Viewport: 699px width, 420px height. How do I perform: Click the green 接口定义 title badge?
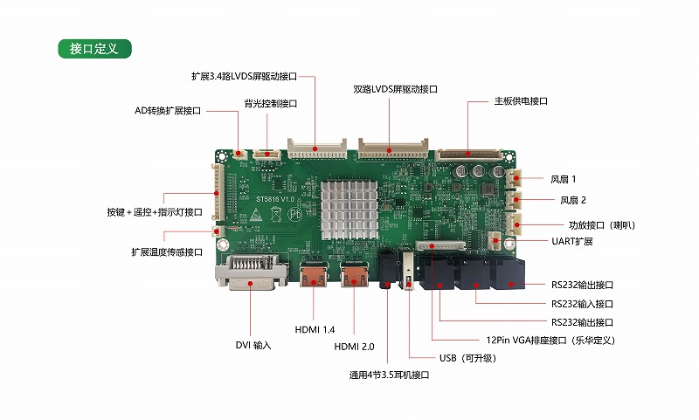[94, 49]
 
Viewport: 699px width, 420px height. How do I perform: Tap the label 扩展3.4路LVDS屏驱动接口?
[244, 77]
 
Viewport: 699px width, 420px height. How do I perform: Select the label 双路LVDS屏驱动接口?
[395, 89]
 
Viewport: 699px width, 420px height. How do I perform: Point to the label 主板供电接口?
[521, 101]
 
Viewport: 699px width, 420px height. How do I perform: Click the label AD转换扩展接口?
[168, 110]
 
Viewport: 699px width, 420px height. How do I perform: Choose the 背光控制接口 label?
[271, 103]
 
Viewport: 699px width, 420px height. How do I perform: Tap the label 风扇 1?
[563, 179]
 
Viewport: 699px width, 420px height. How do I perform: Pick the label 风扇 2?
[573, 200]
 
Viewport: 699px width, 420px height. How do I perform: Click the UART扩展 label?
[572, 241]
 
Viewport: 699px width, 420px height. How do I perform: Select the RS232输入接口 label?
[582, 304]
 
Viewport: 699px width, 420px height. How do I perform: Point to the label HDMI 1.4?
[315, 329]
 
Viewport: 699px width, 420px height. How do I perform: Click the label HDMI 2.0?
[354, 347]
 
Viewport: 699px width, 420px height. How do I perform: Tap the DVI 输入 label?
[253, 345]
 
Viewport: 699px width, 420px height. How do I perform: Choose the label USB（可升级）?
[467, 358]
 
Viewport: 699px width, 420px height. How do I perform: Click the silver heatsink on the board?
[349, 210]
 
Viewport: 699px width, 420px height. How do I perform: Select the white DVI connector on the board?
[252, 272]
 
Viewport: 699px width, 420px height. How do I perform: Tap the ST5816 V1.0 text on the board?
[275, 199]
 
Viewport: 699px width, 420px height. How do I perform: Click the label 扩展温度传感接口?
[167, 252]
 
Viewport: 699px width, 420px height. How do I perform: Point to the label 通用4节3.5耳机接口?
[389, 375]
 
